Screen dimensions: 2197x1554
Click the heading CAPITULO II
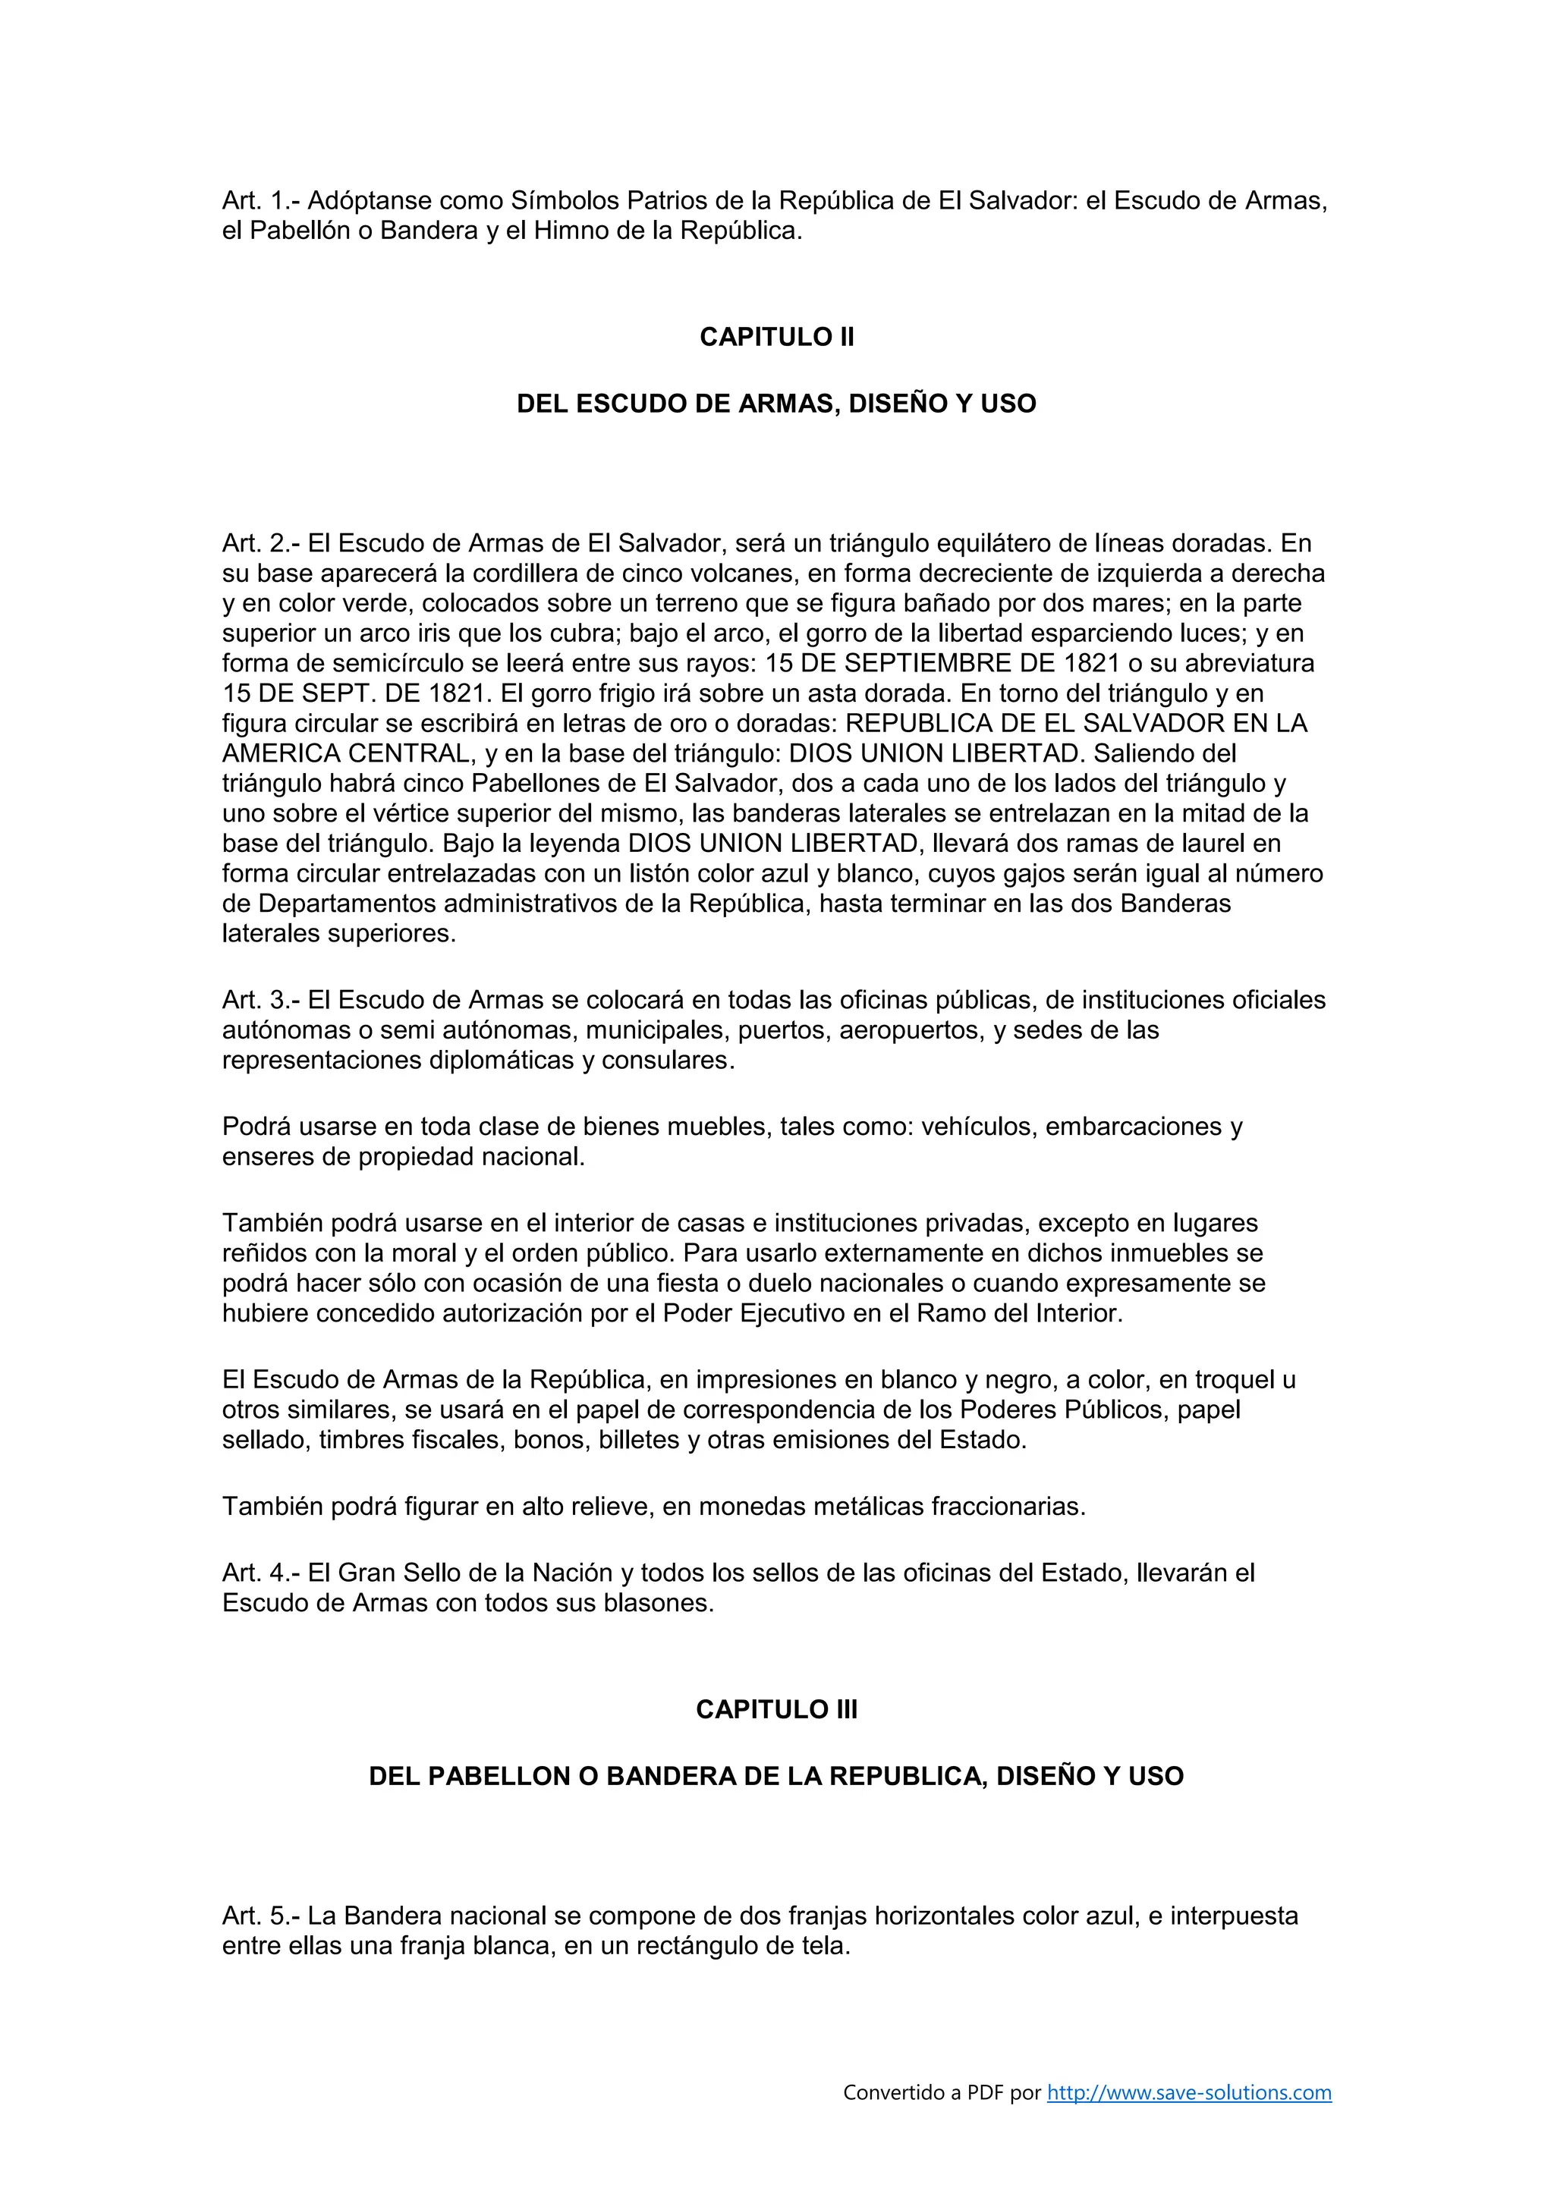(x=776, y=337)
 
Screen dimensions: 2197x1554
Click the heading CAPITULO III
(x=776, y=1710)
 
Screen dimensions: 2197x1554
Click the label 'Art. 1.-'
(x=260, y=201)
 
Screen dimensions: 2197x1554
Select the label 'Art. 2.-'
(x=260, y=543)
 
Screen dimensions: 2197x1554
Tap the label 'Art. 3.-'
(x=260, y=1000)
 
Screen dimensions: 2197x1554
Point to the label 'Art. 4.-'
(x=260, y=1573)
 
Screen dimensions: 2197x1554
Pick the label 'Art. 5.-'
(x=260, y=1916)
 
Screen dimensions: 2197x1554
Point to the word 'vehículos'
(x=979, y=1127)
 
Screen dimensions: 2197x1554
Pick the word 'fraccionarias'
(x=1007, y=1507)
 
